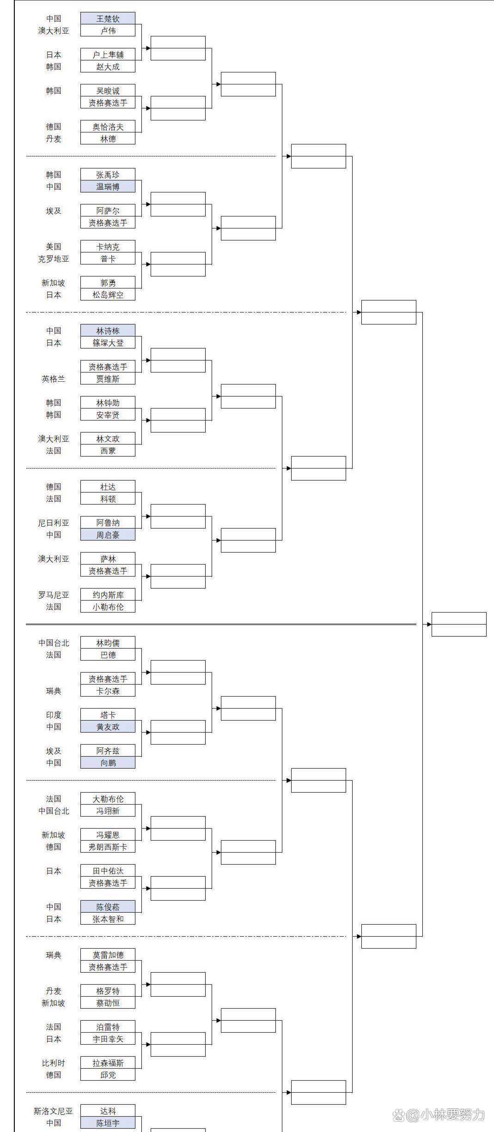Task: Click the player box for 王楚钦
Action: pyautogui.click(x=108, y=18)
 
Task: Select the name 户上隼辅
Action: pyautogui.click(x=108, y=54)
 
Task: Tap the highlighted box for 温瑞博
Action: pyautogui.click(x=108, y=187)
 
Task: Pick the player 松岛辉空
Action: pyautogui.click(x=108, y=295)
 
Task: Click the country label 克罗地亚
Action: pyautogui.click(x=54, y=259)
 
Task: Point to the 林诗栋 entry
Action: pyautogui.click(x=108, y=331)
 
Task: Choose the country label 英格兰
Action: pyautogui.click(x=54, y=379)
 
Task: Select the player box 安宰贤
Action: pyautogui.click(x=108, y=415)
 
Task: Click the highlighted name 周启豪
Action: pyautogui.click(x=108, y=535)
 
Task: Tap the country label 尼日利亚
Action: pyautogui.click(x=54, y=523)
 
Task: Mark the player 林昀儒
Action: pyautogui.click(x=108, y=643)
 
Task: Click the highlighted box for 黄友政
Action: pyautogui.click(x=108, y=727)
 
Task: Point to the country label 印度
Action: pyautogui.click(x=54, y=715)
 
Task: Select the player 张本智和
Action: pyautogui.click(x=108, y=919)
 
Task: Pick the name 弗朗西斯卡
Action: pyautogui.click(x=108, y=847)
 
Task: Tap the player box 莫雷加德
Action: pyautogui.click(x=108, y=955)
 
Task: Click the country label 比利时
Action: pyautogui.click(x=54, y=1063)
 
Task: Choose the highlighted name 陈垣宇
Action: pyautogui.click(x=108, y=1123)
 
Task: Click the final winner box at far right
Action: pyautogui.click(x=459, y=624)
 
